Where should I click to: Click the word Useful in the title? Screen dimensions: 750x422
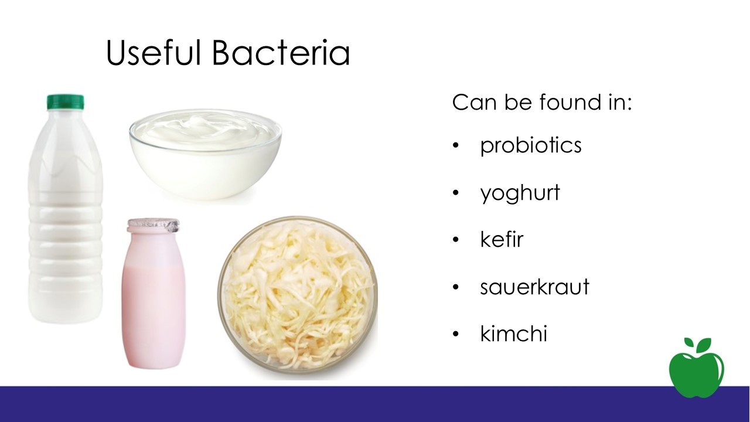153,52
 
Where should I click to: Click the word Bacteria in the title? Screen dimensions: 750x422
281,52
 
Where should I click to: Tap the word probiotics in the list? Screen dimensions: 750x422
531,146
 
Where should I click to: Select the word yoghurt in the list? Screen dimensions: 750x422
520,193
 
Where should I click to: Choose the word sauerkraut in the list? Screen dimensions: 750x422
534,287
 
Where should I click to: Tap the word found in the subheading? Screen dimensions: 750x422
570,101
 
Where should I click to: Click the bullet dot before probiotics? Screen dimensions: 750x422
455,146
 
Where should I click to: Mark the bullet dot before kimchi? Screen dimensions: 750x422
455,334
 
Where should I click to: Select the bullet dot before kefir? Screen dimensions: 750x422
455,240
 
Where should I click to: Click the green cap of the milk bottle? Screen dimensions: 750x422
65,102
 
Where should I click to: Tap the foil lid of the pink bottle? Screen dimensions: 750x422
153,226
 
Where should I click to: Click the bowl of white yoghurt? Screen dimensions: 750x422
206,154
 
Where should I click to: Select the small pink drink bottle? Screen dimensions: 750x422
153,294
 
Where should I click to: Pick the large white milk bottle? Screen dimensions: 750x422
66,209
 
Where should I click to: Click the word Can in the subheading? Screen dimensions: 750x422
474,102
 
